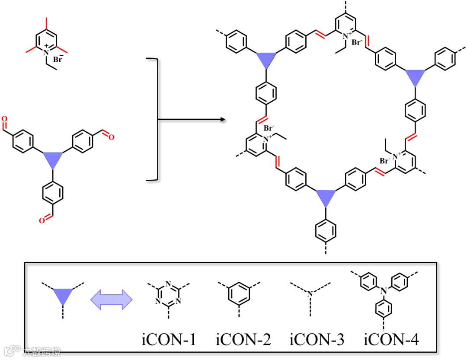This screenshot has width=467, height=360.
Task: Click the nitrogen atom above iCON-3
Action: [310, 294]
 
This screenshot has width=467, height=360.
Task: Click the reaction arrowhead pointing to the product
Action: [224, 119]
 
